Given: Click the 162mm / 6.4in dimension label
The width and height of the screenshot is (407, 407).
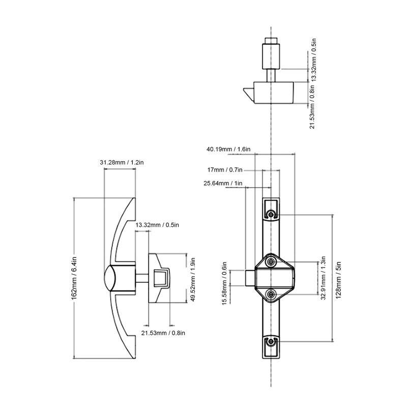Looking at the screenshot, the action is click(x=74, y=278).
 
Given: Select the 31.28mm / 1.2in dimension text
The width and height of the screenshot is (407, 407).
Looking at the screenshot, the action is click(x=122, y=162).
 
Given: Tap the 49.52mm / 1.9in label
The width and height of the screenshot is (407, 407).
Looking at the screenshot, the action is click(x=193, y=279).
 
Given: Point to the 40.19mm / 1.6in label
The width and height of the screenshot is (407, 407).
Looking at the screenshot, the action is click(x=228, y=149).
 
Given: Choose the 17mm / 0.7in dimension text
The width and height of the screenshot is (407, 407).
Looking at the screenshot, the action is click(x=225, y=170).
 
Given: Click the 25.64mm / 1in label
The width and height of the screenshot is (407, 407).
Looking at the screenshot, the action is click(x=223, y=183).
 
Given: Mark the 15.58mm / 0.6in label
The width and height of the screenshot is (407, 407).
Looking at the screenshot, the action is click(x=224, y=283).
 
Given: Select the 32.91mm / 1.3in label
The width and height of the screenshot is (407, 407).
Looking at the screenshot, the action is click(x=323, y=278).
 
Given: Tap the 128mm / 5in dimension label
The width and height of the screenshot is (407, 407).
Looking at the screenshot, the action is click(x=338, y=280).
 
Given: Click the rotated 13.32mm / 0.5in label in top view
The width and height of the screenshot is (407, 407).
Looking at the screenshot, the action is click(x=314, y=60).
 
